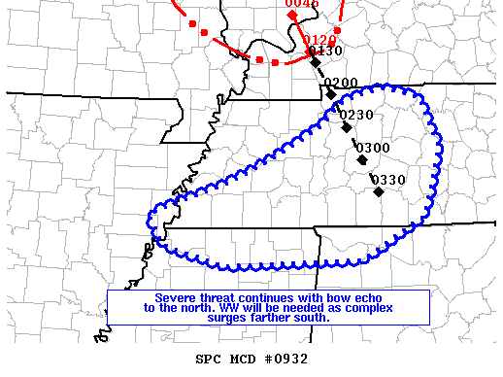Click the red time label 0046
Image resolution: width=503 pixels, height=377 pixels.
302,4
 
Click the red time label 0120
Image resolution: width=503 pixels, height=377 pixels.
320,40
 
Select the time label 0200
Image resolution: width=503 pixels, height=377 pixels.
341,83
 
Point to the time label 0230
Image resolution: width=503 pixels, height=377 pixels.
356,115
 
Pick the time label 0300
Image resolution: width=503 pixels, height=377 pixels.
373,147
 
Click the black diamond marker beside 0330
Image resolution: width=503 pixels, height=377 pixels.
379,190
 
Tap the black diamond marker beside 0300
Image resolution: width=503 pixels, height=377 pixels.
362,158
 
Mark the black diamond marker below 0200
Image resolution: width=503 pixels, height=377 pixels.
331,93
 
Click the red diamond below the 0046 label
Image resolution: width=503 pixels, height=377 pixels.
293,16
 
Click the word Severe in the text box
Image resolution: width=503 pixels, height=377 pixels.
175,297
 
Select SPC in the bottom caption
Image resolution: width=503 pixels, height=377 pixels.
209,359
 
